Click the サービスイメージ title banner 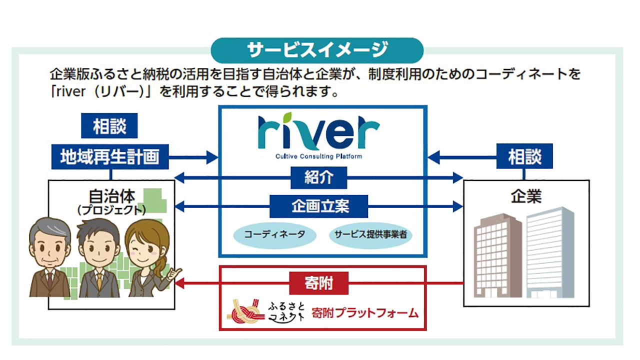(317, 50)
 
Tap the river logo (318, 133)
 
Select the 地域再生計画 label (109, 157)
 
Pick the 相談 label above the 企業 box (524, 157)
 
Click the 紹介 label (318, 177)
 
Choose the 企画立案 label (318, 205)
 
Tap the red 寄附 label (318, 283)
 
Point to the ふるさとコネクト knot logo (246, 312)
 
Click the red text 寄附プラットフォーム (364, 313)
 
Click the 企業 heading (525, 196)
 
